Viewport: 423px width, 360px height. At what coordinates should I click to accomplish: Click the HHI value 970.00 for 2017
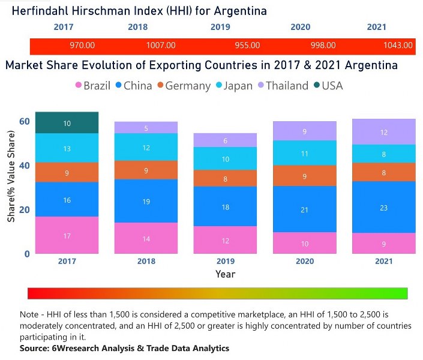tap(82, 45)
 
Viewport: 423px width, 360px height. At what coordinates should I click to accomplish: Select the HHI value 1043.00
tap(398, 45)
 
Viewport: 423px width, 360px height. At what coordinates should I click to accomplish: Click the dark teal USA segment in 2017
tap(67, 123)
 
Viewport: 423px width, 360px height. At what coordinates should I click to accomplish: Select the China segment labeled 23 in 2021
tap(383, 208)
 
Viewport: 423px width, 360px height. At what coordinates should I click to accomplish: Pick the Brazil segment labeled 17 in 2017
tap(67, 236)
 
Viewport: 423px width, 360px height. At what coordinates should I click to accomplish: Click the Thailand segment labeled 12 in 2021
tap(383, 132)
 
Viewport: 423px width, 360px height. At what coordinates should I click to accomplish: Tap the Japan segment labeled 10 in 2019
tap(225, 159)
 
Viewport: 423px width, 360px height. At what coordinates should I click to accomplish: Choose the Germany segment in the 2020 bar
tap(304, 176)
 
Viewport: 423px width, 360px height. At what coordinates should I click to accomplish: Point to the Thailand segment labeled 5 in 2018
tap(146, 128)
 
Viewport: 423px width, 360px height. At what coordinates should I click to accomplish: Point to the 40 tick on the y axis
tap(25, 165)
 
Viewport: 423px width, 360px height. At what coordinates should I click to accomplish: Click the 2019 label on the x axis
tap(225, 261)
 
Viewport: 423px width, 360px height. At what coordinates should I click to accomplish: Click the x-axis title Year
tap(225, 274)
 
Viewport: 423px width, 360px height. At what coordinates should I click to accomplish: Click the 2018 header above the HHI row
tap(137, 27)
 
